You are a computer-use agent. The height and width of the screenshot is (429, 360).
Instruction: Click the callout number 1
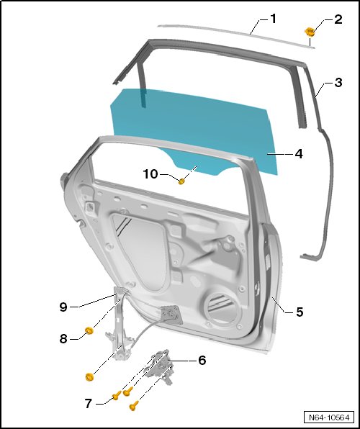pos(273,19)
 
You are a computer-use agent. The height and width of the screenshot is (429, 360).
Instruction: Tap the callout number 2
pos(338,19)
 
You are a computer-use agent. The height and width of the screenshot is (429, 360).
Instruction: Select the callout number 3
pos(338,82)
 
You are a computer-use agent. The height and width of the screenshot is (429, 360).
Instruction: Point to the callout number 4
pos(299,154)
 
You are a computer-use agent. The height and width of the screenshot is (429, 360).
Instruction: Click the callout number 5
pos(300,312)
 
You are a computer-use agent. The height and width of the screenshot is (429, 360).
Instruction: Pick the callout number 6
pos(202,360)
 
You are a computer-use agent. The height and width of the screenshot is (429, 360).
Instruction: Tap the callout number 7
pos(88,404)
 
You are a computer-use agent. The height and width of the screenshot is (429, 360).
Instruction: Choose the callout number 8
pos(63,339)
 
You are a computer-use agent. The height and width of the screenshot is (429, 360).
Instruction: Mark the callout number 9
pos(63,307)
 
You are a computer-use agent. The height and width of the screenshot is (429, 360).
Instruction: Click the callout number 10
pos(150,174)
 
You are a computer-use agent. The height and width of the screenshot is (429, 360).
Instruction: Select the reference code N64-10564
pos(329,417)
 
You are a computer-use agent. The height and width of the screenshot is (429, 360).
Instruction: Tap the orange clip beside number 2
pos(310,32)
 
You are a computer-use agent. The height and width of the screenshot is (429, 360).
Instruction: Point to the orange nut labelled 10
pos(181,181)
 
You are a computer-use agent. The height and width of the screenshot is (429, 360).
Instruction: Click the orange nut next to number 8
pos(89,330)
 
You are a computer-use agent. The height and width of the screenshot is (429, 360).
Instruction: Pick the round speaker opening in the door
pos(220,307)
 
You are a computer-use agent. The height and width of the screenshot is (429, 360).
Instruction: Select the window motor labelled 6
pos(160,366)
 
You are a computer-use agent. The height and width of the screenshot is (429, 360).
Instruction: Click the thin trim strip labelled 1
pos(236,35)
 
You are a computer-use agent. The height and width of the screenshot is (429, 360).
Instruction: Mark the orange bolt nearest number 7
pos(117,395)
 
